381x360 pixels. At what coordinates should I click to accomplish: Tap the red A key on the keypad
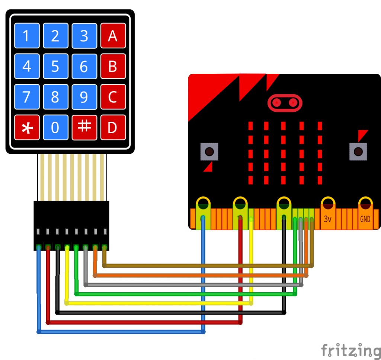click(x=113, y=36)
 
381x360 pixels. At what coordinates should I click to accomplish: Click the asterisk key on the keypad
click(x=26, y=127)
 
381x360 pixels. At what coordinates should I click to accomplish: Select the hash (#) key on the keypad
click(x=84, y=127)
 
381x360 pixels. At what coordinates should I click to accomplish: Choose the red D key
click(x=113, y=127)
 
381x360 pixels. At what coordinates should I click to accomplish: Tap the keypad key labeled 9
click(x=84, y=97)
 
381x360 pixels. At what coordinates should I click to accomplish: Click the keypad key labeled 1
click(x=26, y=36)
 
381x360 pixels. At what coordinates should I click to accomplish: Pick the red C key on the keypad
click(x=113, y=97)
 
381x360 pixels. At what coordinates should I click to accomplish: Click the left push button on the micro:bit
click(x=209, y=152)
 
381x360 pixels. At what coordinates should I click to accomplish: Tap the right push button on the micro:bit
click(x=358, y=152)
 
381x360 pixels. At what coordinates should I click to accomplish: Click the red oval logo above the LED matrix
click(x=285, y=102)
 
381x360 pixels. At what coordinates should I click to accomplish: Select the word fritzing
click(x=351, y=350)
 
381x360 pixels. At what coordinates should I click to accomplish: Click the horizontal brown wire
click(x=208, y=266)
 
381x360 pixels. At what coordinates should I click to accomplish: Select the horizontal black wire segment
click(x=171, y=313)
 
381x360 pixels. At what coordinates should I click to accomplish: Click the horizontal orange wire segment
click(x=201, y=275)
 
